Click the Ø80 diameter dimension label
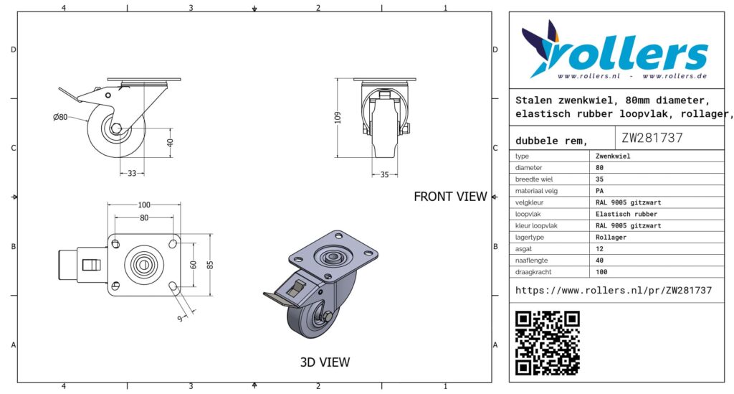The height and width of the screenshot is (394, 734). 60,117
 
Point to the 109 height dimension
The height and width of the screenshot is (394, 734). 338,117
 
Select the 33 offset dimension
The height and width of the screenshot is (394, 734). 132,174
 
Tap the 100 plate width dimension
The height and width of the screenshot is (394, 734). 144,205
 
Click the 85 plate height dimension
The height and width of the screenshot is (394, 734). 210,265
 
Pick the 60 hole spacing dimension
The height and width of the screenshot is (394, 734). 194,265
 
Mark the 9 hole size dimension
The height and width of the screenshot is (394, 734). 180,319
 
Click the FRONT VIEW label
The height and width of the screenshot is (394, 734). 450,197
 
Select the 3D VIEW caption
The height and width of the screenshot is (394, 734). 325,362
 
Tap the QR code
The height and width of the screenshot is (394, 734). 548,343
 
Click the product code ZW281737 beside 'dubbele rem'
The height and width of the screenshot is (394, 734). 652,138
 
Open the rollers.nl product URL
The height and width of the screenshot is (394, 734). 614,291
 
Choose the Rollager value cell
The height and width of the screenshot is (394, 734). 611,237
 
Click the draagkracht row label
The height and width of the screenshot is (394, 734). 533,272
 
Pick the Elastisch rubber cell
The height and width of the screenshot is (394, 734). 626,214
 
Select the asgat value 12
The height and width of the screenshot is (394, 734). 600,249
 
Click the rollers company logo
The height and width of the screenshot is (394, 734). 614,50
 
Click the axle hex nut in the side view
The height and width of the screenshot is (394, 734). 116,128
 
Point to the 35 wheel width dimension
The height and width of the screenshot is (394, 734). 384,174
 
